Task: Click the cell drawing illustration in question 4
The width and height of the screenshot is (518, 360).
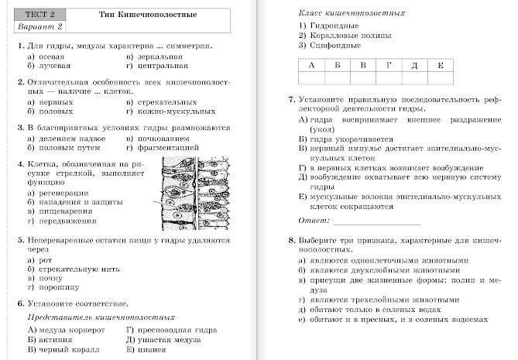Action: pyautogui.click(x=193, y=194)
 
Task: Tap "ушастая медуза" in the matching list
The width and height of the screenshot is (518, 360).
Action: pyautogui.click(x=157, y=339)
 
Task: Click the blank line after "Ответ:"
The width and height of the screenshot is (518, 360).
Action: pyautogui.click(x=376, y=221)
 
